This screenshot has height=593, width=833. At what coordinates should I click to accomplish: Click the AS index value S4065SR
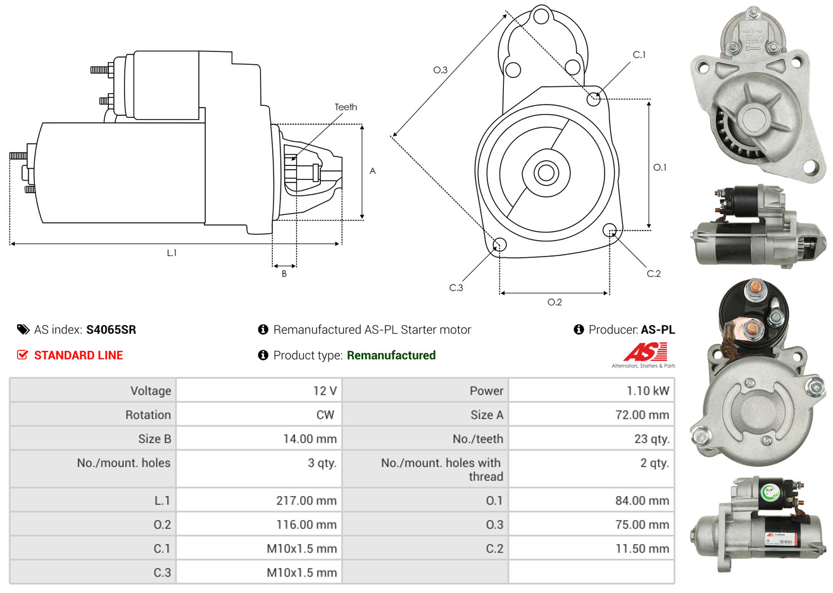[x=111, y=330]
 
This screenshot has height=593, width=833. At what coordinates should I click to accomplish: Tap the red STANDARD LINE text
[x=78, y=355]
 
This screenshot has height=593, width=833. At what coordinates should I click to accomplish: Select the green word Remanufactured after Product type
[x=391, y=355]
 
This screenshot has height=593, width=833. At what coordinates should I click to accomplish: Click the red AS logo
[x=645, y=352]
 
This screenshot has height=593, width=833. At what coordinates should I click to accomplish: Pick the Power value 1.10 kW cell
[x=591, y=390]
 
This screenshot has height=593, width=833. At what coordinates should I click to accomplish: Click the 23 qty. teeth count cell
[x=591, y=438]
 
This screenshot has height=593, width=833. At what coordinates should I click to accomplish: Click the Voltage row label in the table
[x=151, y=391]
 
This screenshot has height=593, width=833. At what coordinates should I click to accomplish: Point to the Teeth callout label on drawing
[x=346, y=107]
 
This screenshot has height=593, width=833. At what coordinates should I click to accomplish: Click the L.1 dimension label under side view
[x=172, y=253]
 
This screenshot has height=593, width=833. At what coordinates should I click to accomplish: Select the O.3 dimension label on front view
[x=441, y=70]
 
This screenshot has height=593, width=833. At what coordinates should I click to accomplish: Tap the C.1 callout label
[x=639, y=54]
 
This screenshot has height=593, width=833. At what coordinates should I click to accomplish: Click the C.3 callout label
[x=456, y=288]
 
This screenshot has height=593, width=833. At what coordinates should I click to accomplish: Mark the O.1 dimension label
[x=660, y=167]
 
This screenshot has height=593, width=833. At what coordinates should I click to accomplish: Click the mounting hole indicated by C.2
[x=610, y=230]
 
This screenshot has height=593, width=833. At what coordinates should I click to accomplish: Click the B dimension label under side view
[x=284, y=274]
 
